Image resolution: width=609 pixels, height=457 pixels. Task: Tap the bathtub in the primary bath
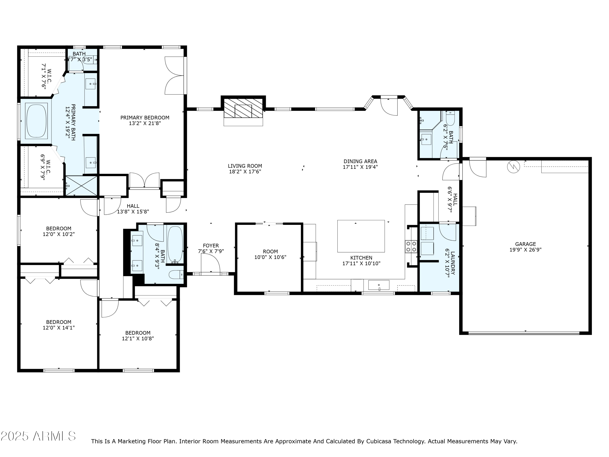[36, 121]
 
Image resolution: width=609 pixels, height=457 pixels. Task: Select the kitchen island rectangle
[361, 236]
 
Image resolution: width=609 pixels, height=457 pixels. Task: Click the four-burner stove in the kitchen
[411, 247]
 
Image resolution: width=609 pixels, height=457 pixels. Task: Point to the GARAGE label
[525, 244]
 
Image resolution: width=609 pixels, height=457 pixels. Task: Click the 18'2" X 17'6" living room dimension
[245, 172]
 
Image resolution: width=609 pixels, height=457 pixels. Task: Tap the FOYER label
[211, 245]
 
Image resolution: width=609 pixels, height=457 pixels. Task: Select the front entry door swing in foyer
[211, 264]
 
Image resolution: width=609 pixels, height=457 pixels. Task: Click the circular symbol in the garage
[514, 167]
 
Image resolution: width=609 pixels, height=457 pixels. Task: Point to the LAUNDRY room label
[453, 263]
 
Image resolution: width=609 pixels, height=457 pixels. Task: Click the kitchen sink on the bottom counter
[379, 285]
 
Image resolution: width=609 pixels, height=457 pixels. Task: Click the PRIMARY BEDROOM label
[145, 118]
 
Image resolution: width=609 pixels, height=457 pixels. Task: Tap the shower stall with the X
[81, 186]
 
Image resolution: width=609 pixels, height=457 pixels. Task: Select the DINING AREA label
[360, 161]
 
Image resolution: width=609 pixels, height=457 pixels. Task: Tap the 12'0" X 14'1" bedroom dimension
[59, 328]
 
